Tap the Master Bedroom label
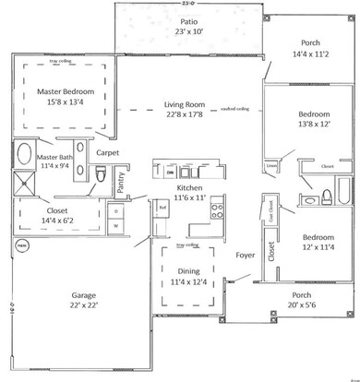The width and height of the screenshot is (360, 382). tap(66, 97)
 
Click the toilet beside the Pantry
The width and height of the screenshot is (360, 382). tap(103, 174)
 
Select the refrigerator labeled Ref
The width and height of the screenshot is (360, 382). tap(161, 209)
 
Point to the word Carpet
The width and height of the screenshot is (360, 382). tap(107, 151)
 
